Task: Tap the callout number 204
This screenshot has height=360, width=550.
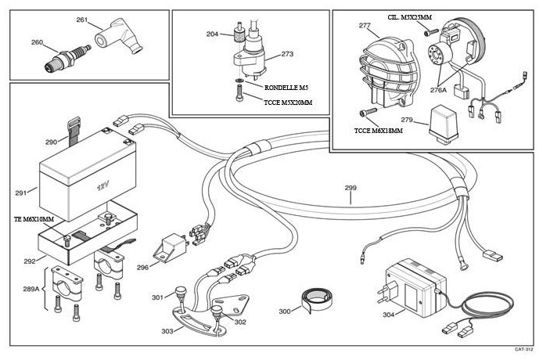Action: [212, 34]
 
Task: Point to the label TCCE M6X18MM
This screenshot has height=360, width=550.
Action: [379, 131]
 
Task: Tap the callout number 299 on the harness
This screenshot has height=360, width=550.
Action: [350, 188]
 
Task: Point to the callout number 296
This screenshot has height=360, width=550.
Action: [142, 267]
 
